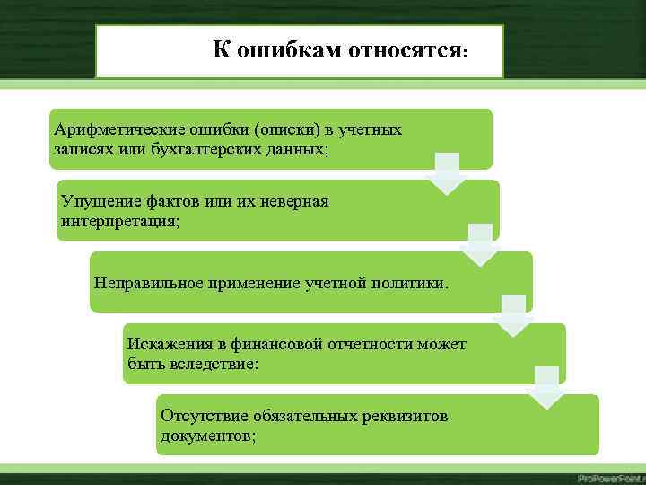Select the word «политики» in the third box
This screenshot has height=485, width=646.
(411, 284)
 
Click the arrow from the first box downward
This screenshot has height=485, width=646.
(446, 173)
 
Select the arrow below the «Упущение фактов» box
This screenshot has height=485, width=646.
(480, 244)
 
